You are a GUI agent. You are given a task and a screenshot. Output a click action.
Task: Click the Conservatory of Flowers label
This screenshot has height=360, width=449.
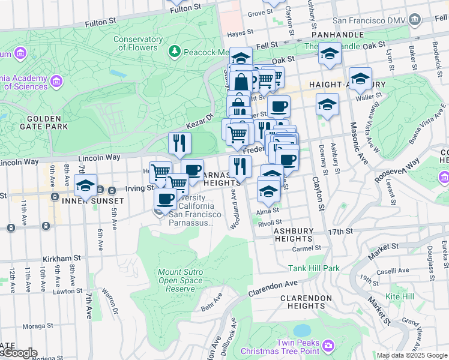tap(139, 43)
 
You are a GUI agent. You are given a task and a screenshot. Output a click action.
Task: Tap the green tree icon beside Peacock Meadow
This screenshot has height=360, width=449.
tap(175, 52)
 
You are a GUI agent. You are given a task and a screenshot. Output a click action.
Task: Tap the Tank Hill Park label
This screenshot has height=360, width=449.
tap(313, 268)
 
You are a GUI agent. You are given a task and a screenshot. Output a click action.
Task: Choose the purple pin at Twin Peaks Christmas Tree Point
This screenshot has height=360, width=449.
tap(328, 345)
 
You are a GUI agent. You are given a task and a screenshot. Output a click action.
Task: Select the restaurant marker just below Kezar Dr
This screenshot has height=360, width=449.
tap(179, 143)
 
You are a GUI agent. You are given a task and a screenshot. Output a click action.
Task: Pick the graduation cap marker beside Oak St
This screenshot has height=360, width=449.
tap(330, 53)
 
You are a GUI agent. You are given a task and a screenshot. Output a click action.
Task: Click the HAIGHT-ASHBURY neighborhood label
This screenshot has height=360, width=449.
tap(337, 85)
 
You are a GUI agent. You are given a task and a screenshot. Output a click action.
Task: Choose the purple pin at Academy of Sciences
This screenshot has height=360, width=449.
tap(57, 80)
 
